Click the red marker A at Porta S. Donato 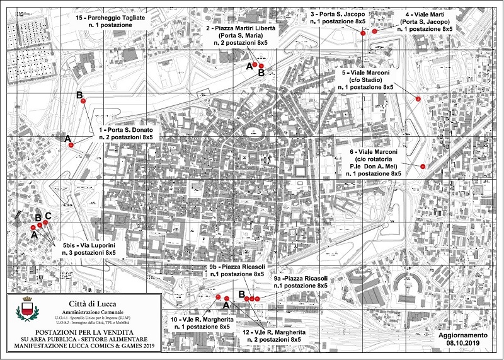[71, 145]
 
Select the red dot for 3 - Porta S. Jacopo [363, 33]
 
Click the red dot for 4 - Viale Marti [375, 30]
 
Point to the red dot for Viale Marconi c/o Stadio [418, 98]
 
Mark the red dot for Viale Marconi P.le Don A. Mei [423, 166]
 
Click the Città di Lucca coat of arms [26, 310]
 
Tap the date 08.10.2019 [463, 344]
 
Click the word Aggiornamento [463, 336]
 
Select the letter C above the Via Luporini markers [48, 216]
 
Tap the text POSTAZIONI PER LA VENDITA [83, 332]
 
